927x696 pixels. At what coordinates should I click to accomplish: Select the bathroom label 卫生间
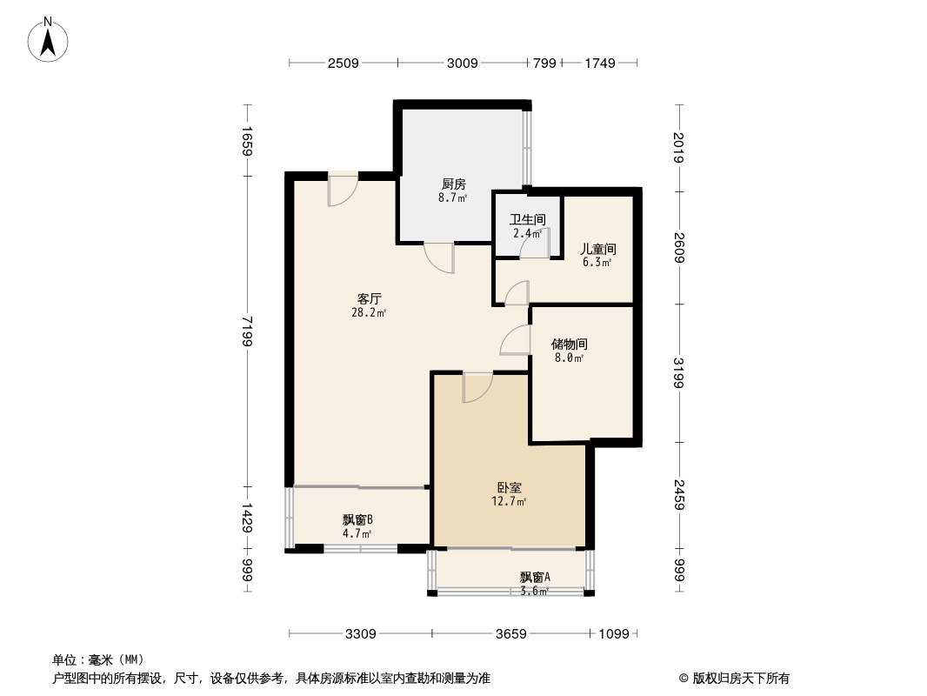(x=527, y=219)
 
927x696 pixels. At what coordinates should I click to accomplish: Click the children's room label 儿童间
(x=597, y=248)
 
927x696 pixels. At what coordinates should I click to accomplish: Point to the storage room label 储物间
(x=569, y=344)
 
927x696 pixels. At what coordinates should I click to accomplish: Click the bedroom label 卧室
(x=510, y=488)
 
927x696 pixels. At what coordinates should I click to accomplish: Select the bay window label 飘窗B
(x=357, y=520)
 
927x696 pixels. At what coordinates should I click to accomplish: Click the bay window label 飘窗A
(x=535, y=577)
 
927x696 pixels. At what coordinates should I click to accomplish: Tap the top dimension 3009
(x=462, y=63)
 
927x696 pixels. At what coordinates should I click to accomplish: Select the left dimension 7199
(x=247, y=330)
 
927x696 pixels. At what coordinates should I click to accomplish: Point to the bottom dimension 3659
(x=510, y=633)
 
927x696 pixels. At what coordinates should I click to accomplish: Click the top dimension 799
(x=544, y=63)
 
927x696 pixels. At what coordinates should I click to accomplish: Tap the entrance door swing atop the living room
(x=342, y=191)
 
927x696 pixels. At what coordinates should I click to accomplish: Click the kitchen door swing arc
(x=439, y=258)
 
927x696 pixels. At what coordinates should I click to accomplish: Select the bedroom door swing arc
(x=477, y=388)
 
